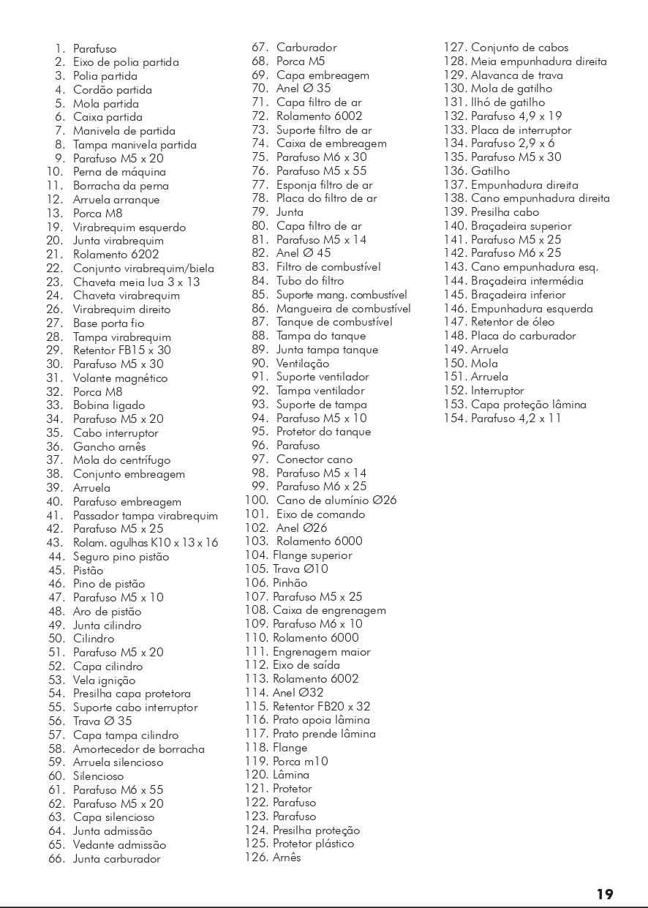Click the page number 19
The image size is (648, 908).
(x=604, y=893)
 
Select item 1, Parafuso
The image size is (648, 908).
(x=94, y=49)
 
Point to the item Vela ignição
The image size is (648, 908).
(x=104, y=680)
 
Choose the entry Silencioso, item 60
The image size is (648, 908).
(x=98, y=776)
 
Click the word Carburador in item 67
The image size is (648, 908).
(x=306, y=48)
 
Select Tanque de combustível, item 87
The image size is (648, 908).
(x=334, y=322)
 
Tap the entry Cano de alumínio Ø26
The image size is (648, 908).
(x=336, y=500)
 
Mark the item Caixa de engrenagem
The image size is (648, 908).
(x=329, y=610)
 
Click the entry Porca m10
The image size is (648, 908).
(x=300, y=761)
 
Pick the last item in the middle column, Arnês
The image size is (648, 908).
(x=287, y=858)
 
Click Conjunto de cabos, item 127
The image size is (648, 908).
(x=519, y=48)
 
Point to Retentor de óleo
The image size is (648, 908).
(x=512, y=322)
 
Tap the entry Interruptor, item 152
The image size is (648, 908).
(x=497, y=391)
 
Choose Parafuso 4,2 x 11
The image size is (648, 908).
(x=516, y=419)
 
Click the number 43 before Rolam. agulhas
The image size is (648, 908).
(x=55, y=543)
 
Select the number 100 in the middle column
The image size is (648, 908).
(x=256, y=500)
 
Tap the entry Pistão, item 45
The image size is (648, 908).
(x=88, y=571)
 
